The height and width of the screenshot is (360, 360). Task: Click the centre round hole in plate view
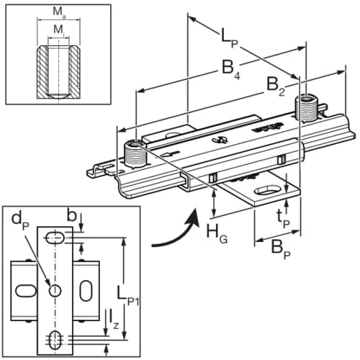[55, 290]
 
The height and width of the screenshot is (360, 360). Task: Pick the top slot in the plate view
[55, 238]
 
